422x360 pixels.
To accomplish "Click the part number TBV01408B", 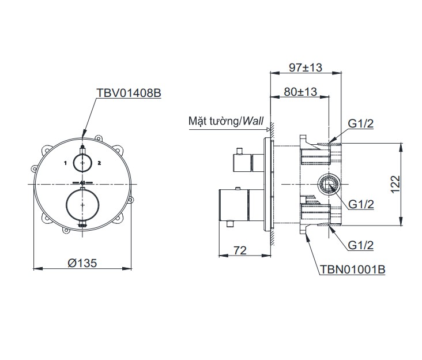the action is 129,93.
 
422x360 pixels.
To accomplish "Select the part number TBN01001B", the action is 352,269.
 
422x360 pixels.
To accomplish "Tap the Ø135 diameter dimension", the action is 82,263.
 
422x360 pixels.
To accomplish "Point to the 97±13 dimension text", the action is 306,67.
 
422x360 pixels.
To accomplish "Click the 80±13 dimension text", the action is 300,92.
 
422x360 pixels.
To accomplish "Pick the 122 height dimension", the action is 395,185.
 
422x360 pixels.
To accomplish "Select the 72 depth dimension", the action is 240,250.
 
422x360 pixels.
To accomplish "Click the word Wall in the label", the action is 253,121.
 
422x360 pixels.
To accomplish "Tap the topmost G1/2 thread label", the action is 361,123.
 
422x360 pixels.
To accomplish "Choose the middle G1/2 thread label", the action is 361,204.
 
